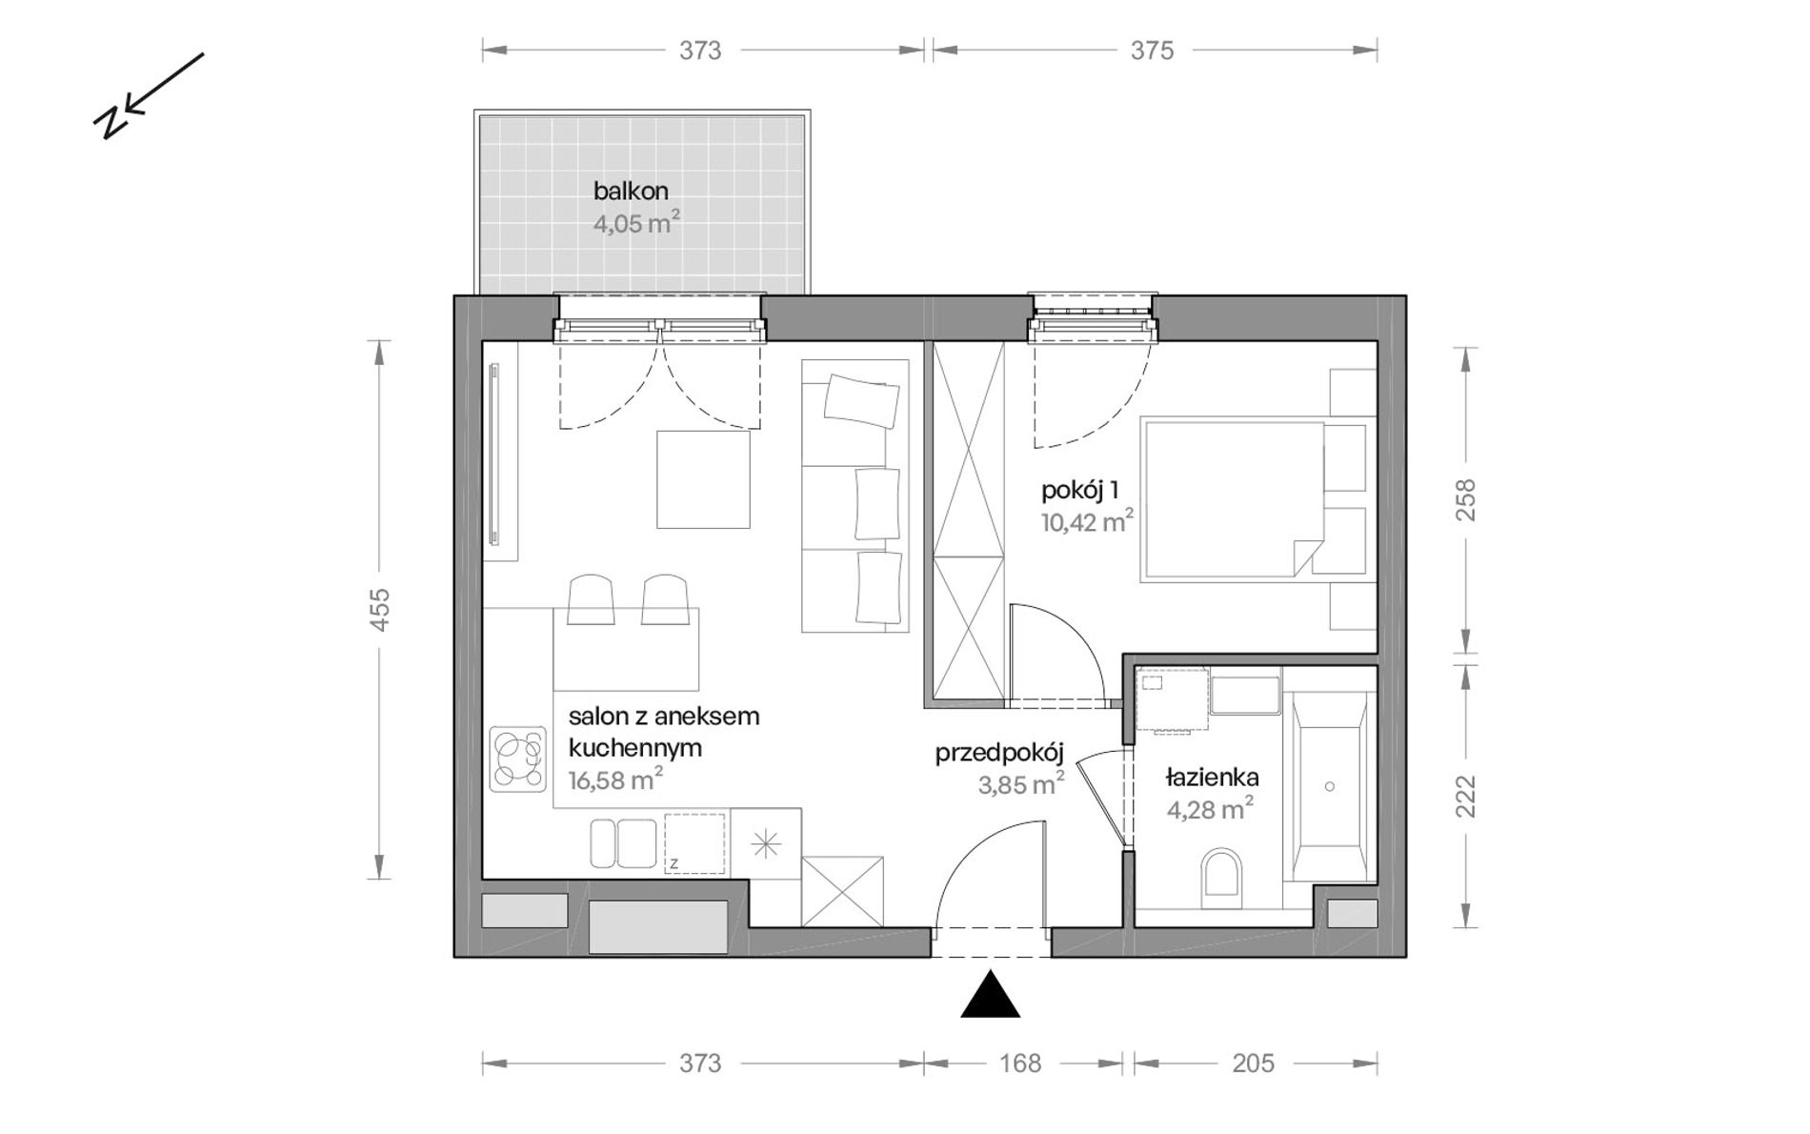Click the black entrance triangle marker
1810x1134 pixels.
tap(991, 995)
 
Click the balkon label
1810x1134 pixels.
tap(631, 191)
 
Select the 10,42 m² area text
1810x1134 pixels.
tap(1087, 522)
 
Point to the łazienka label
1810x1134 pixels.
tap(1212, 778)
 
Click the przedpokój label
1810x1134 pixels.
tap(998, 754)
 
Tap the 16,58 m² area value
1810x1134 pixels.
tap(615, 780)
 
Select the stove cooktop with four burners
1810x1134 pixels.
tap(518, 759)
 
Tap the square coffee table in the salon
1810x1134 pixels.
tap(703, 479)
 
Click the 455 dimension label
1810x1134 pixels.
tap(380, 609)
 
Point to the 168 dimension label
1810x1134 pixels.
tap(1020, 1063)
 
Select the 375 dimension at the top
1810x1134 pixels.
tap(1153, 51)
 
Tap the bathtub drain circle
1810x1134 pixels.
tap(1329, 787)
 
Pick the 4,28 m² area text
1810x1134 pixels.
tap(1210, 810)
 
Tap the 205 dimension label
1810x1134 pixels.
tap(1254, 1063)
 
